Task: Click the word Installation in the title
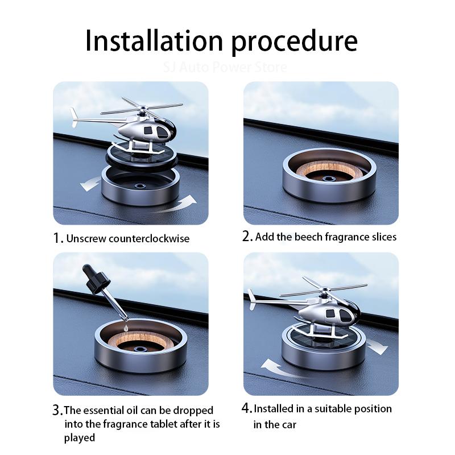point(154,40)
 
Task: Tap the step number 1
point(58,238)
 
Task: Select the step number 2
point(247,236)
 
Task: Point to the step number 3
point(57,410)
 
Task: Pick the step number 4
point(247,408)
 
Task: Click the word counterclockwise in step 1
point(150,238)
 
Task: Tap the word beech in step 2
point(308,237)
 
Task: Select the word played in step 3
point(80,438)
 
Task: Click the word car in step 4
point(288,425)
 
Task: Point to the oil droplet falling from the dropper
point(125,328)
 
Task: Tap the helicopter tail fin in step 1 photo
point(74,117)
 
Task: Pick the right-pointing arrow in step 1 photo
point(176,205)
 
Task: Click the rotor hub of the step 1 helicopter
point(143,109)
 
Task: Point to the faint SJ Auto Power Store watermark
point(225,67)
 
